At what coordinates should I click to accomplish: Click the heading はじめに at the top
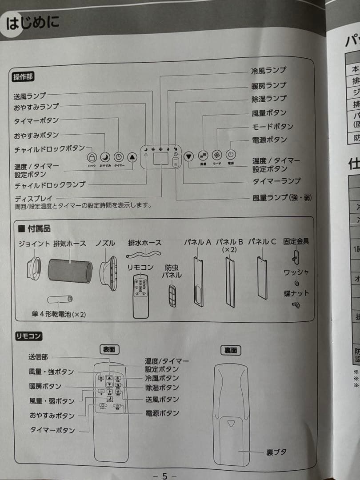(x=32, y=22)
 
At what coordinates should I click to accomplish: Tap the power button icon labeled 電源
(x=230, y=155)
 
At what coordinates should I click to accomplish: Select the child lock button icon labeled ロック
(x=92, y=157)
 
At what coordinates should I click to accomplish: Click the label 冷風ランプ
(x=268, y=70)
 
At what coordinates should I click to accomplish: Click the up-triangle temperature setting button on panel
(x=132, y=157)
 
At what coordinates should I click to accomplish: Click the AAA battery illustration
(x=60, y=299)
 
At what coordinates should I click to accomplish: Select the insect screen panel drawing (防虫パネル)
(x=172, y=294)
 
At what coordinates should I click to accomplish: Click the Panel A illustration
(x=198, y=282)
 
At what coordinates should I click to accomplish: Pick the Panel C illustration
(x=262, y=278)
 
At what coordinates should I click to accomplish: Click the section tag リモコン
(x=28, y=336)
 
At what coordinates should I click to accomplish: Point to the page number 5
(x=164, y=476)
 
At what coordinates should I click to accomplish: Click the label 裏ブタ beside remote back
(x=276, y=452)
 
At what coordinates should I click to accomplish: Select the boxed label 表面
(x=109, y=350)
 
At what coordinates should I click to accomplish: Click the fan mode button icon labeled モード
(x=216, y=156)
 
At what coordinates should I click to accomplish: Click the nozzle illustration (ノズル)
(x=108, y=269)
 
